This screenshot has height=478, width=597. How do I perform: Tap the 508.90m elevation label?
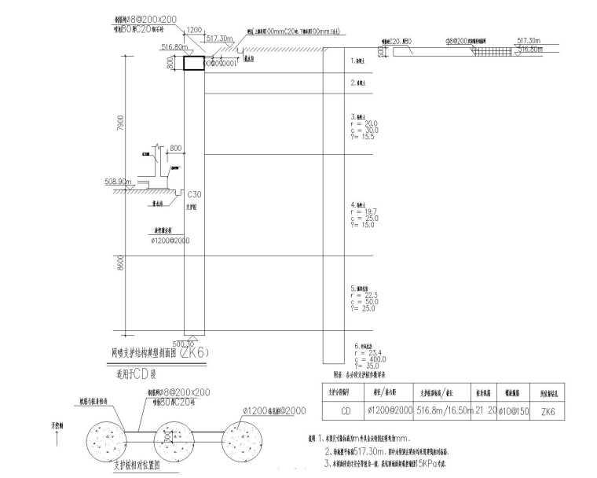click(117, 181)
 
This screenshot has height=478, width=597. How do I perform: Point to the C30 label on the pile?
click(194, 193)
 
